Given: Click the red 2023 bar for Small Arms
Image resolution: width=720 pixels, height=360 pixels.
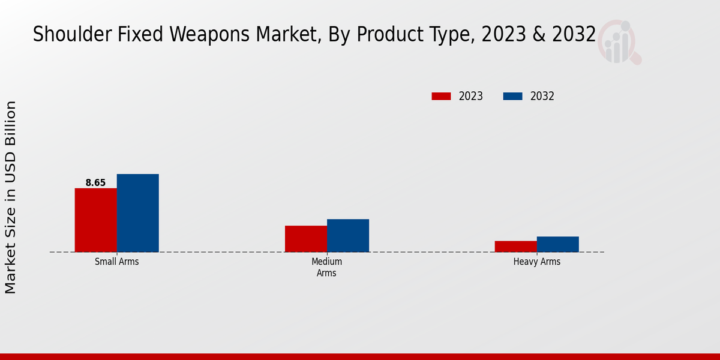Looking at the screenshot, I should (x=95, y=220).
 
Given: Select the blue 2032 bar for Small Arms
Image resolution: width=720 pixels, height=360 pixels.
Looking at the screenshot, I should (x=137, y=213).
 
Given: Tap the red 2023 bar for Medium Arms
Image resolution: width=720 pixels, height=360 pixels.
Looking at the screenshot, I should (x=306, y=239).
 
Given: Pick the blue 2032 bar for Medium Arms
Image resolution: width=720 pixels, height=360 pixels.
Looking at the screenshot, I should (x=348, y=235).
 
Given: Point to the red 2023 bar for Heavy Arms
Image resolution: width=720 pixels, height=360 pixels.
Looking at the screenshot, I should (x=516, y=246).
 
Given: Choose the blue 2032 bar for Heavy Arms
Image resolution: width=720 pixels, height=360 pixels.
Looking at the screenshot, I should (x=558, y=244).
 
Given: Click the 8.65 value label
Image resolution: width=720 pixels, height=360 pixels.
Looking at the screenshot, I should (x=95, y=182).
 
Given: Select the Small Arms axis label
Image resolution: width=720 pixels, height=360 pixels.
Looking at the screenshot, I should (x=117, y=262).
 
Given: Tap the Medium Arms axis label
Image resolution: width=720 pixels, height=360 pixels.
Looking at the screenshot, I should (x=327, y=268).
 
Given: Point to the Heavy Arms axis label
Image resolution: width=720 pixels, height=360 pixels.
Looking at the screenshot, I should (x=537, y=262).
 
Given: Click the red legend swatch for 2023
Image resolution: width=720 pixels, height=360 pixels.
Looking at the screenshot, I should (x=441, y=96).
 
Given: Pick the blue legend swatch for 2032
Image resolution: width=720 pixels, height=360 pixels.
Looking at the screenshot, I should (x=513, y=96).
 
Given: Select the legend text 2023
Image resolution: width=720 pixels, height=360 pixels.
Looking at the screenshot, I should (x=471, y=96).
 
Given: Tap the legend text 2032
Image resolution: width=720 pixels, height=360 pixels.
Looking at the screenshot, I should (x=542, y=96).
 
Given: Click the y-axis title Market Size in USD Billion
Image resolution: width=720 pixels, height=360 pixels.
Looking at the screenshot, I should (x=11, y=197).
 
